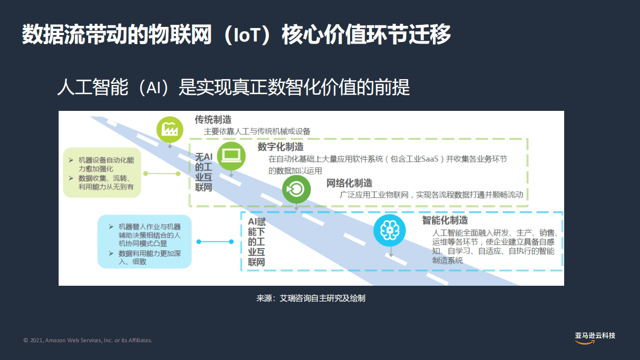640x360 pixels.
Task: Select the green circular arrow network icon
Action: coord(296,189)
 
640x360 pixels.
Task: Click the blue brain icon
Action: coord(389,231)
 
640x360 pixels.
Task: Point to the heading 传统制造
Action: coord(213,119)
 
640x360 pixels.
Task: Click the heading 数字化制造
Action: coord(280,147)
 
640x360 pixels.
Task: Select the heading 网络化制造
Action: coord(350,183)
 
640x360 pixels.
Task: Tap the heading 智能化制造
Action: coord(445,220)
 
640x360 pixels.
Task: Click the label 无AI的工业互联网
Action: coord(204,172)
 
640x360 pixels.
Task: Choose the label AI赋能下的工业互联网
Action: coord(257,242)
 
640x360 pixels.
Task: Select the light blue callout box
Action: coord(144,241)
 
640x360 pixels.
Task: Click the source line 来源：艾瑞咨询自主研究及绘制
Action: coord(311,298)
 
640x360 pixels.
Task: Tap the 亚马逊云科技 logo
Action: coord(595,336)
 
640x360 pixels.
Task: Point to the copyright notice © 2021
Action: coord(88,340)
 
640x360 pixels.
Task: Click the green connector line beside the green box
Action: coord(162,173)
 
